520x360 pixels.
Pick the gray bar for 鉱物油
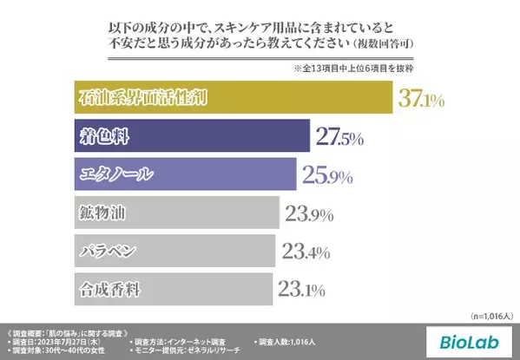(173, 213)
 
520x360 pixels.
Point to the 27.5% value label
(339, 137)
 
